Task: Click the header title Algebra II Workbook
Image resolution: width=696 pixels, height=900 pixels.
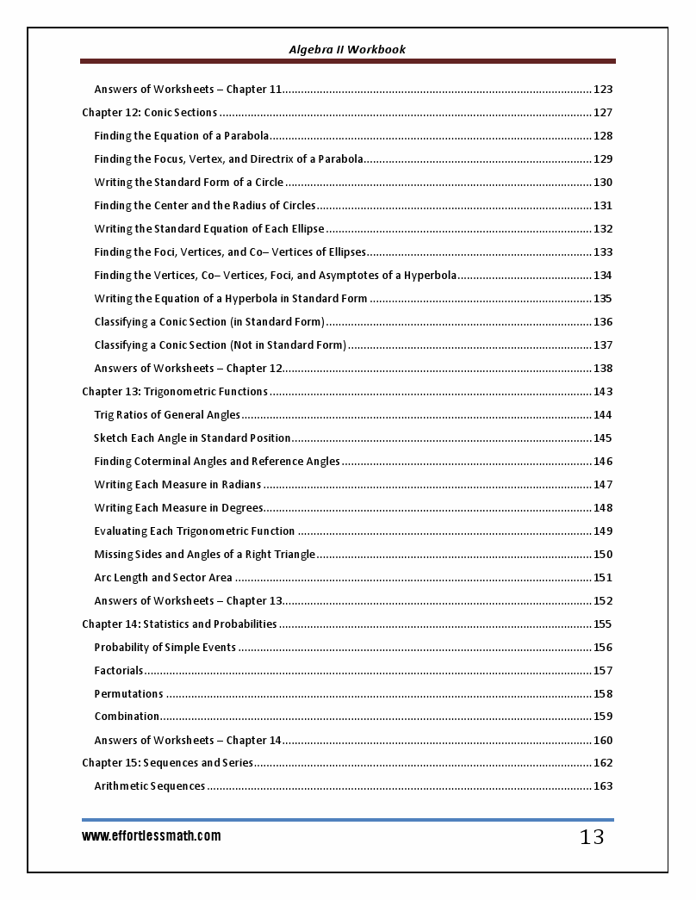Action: pos(347,50)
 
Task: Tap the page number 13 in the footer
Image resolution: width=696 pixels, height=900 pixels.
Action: pos(592,837)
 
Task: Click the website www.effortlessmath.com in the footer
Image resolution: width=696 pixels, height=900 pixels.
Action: pos(152,836)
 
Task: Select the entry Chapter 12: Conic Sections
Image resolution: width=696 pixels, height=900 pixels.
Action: pos(149,113)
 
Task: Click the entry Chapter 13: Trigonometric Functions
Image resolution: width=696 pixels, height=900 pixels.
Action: pos(175,392)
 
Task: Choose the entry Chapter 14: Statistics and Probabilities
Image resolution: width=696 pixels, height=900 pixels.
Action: pos(179,624)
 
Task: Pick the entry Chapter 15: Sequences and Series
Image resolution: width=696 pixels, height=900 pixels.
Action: pos(167,763)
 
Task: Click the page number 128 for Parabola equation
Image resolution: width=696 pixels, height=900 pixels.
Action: pos(603,136)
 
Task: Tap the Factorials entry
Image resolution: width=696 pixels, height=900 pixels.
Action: pos(119,671)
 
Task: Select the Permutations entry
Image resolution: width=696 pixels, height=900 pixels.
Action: pos(128,694)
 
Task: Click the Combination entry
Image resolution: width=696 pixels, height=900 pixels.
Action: pos(127,717)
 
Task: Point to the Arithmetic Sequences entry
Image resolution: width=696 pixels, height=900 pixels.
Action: pos(150,786)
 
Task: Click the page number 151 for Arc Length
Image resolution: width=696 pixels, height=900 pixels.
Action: pos(603,578)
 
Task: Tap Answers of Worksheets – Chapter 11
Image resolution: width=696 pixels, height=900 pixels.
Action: pos(188,90)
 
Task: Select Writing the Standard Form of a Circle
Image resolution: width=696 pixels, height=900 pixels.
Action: pos(189,183)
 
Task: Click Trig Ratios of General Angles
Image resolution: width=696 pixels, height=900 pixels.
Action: pos(167,415)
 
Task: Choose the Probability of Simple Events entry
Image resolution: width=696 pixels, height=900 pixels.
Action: pos(165,648)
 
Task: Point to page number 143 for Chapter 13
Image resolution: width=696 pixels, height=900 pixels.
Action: pos(603,392)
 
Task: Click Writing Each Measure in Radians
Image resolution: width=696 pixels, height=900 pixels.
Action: pos(177,485)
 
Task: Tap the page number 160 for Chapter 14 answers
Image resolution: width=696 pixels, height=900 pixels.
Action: pos(603,741)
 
